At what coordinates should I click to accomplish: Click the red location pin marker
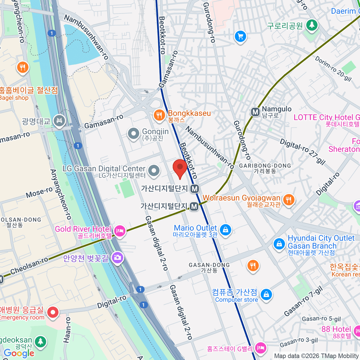[180, 168]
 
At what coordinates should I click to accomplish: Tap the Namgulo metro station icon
[255, 112]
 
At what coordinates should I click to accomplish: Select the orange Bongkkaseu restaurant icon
[159, 115]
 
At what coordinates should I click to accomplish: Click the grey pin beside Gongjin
[133, 134]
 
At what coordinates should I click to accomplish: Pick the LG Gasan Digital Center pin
[154, 170]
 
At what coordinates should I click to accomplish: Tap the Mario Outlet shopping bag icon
[225, 230]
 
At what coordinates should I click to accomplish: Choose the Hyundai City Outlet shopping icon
[279, 244]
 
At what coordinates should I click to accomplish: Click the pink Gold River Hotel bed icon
[120, 231]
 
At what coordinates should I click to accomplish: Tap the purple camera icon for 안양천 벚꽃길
[117, 257]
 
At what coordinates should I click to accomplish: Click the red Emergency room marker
[53, 312]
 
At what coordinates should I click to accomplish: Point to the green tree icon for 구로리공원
[312, 25]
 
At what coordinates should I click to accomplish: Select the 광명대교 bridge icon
[59, 121]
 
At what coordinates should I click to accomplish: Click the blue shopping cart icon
[240, 37]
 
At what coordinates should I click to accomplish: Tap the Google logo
[19, 353]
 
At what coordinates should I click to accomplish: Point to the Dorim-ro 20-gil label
[333, 69]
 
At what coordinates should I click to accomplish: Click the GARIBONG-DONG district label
[265, 166]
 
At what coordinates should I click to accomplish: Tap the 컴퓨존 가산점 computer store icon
[266, 295]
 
